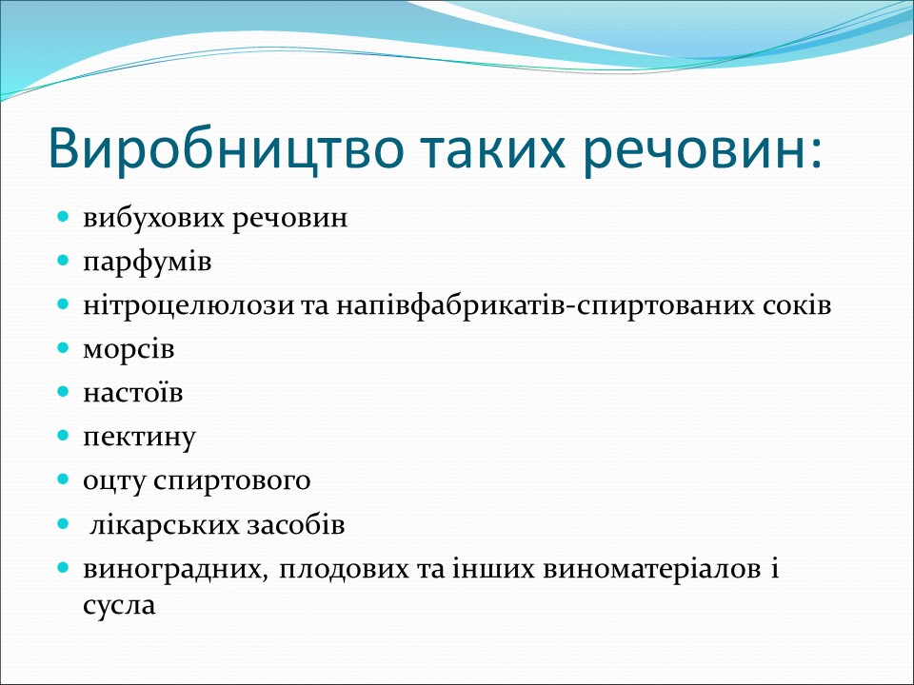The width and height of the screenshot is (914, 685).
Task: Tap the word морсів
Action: pyautogui.click(x=129, y=349)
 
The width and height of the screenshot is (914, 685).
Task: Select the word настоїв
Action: pyautogui.click(x=132, y=393)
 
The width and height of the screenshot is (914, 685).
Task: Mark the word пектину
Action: pyautogui.click(x=139, y=437)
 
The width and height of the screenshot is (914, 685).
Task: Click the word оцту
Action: pyautogui.click(x=113, y=480)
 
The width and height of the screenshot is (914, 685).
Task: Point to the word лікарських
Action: pyautogui.click(x=156, y=524)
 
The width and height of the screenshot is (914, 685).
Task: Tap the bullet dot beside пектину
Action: pyautogui.click(x=64, y=436)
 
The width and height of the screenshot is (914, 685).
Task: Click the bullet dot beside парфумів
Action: pyautogui.click(x=64, y=261)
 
